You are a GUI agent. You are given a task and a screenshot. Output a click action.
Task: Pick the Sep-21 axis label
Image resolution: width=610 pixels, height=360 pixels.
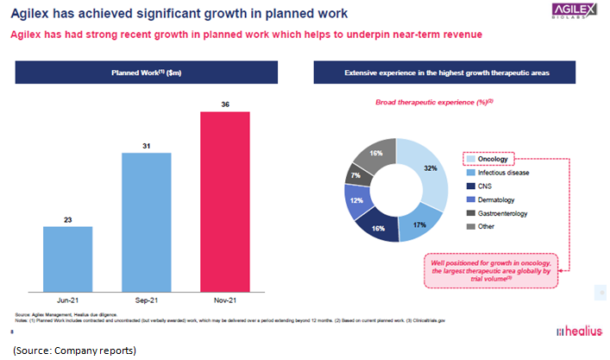click(x=148, y=301)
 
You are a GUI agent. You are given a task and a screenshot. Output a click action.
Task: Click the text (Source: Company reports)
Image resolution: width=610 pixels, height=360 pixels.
click(x=74, y=350)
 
